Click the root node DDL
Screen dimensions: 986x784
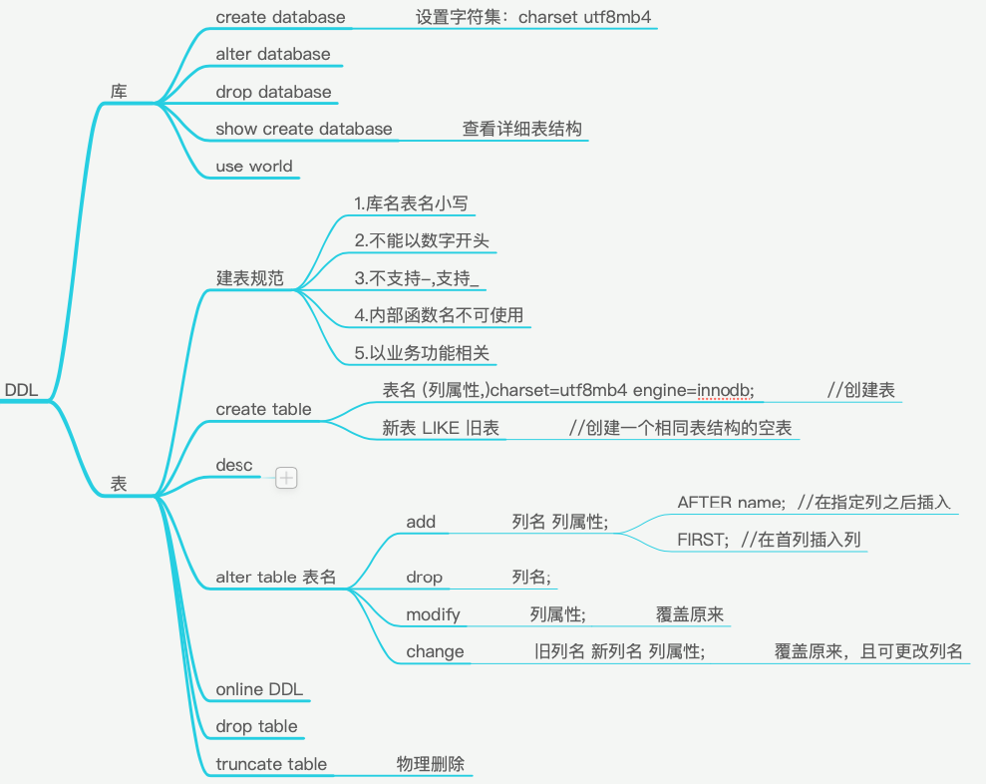click(21, 390)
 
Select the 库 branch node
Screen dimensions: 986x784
click(119, 92)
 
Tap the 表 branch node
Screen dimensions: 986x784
click(119, 483)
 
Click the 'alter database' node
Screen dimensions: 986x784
click(273, 54)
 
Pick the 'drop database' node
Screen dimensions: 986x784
click(273, 92)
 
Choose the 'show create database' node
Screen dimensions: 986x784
click(304, 129)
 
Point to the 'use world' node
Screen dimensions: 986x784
click(254, 167)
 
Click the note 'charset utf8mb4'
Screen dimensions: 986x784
click(585, 17)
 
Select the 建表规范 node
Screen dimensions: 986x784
click(250, 278)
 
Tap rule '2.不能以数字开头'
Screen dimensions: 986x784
click(422, 240)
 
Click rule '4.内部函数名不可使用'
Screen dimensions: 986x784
click(439, 315)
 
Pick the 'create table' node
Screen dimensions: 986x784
click(263, 409)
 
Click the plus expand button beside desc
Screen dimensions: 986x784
click(287, 478)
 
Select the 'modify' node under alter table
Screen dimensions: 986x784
click(434, 614)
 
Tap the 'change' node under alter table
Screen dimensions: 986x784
click(435, 651)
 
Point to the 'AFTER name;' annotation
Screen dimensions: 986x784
click(732, 502)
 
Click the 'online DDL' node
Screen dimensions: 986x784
click(259, 689)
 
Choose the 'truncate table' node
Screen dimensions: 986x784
click(271, 764)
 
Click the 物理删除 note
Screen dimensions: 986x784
click(430, 764)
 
